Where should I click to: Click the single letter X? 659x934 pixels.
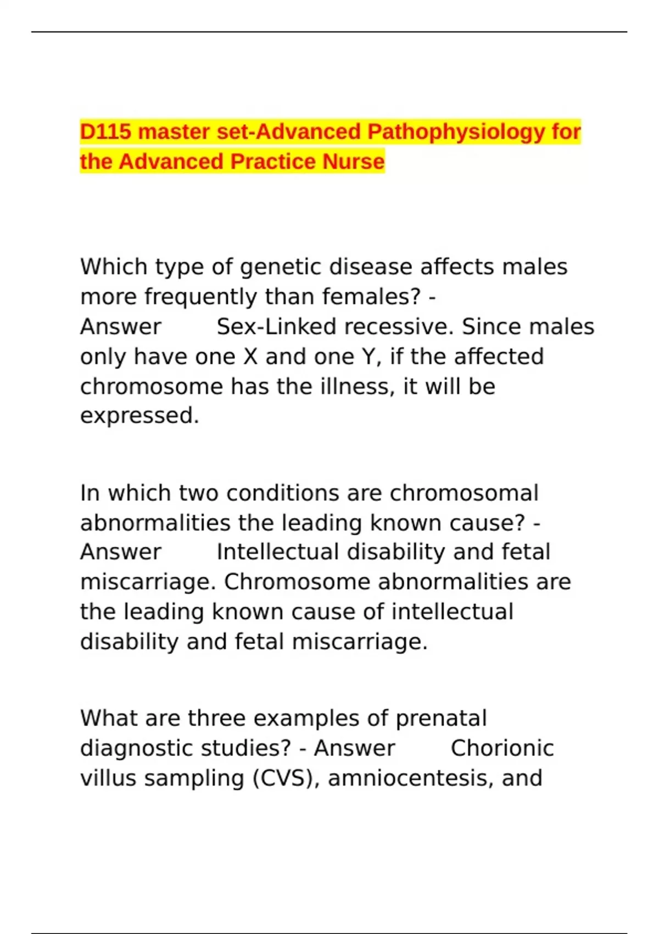point(250,357)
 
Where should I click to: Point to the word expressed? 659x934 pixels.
point(139,416)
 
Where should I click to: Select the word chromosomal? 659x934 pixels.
point(464,493)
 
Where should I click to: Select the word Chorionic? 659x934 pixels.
point(502,749)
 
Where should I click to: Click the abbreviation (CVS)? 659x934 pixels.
point(286,779)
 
